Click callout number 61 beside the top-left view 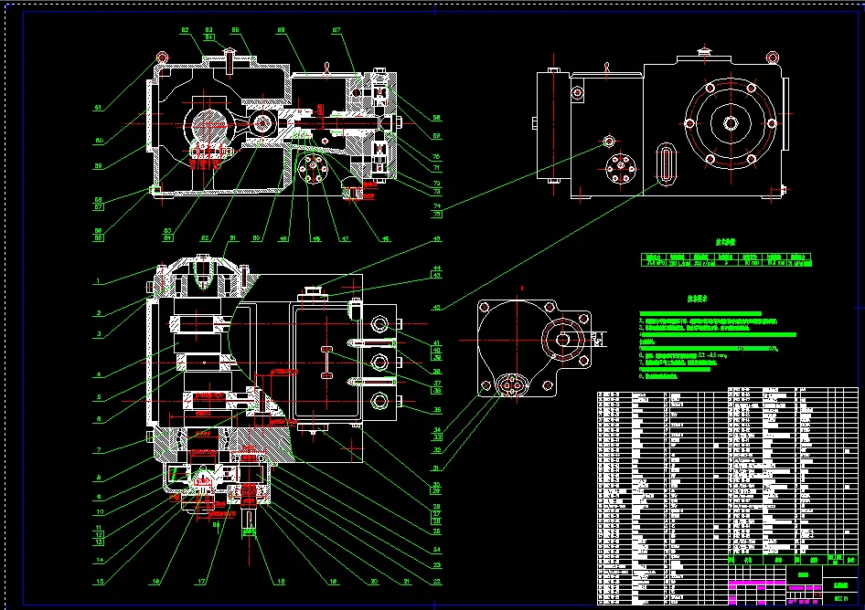[98, 107]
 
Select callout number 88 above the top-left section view [282, 30]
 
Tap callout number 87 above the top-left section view [336, 30]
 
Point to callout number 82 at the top [186, 30]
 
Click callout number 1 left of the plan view [98, 279]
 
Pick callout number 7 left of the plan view [98, 450]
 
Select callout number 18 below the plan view [281, 580]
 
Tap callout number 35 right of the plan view [437, 410]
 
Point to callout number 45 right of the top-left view [437, 239]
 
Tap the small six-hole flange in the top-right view [622, 171]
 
